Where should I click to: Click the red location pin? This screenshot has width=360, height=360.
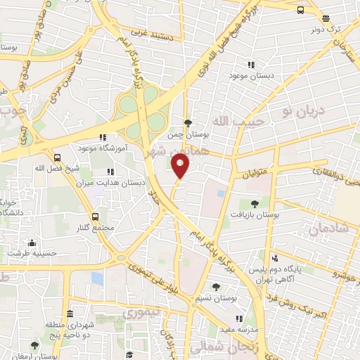point(181,167)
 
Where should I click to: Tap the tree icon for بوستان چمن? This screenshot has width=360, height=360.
point(188,124)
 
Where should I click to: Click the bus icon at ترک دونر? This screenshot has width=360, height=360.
point(301,10)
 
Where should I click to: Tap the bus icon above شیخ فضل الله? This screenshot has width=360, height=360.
point(56,157)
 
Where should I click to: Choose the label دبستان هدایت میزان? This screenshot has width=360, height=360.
point(140,181)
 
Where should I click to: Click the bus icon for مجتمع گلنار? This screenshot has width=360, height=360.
point(94,217)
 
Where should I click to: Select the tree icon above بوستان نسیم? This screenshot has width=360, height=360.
point(216,286)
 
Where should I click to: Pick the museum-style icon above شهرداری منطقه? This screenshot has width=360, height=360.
point(70,314)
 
